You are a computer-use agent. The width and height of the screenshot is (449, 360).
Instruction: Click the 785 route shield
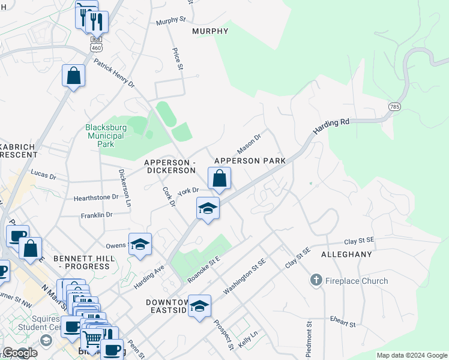(394, 106)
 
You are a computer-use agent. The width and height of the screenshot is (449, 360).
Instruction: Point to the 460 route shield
(96, 46)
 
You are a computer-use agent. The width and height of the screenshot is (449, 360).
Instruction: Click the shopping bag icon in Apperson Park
(219, 178)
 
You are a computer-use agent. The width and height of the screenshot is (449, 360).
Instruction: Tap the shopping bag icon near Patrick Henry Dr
(73, 76)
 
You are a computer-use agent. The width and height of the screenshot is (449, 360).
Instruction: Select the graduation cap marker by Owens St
(140, 244)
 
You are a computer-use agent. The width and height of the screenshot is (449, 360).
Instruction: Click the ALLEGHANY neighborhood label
(346, 254)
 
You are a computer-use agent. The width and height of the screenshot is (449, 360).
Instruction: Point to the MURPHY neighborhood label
(210, 31)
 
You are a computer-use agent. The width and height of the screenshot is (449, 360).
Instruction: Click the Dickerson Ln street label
(124, 187)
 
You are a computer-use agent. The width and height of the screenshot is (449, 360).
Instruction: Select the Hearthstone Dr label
(96, 197)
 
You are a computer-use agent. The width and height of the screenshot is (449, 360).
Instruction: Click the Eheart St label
(343, 322)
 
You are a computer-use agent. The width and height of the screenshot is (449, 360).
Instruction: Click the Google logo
(20, 353)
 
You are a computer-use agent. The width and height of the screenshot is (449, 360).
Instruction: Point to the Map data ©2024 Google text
(411, 355)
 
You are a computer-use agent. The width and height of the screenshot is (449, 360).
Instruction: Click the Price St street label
(177, 59)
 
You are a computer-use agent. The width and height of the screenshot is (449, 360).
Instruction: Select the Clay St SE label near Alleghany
(359, 241)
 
